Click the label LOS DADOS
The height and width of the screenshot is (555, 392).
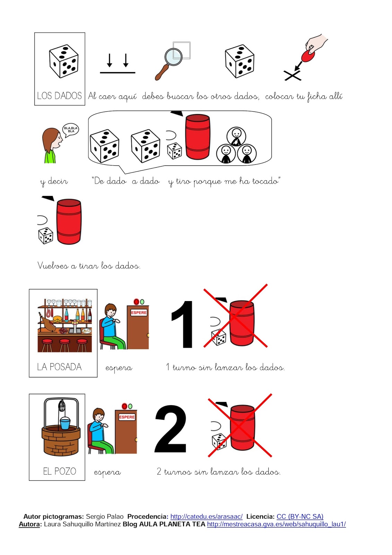(59, 96)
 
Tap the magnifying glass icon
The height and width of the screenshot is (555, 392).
(168, 64)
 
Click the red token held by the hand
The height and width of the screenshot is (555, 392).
(308, 56)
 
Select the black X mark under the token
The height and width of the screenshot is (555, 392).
(293, 75)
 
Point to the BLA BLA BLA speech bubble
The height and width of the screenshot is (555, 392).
(71, 130)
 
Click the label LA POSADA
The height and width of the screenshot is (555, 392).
(59, 367)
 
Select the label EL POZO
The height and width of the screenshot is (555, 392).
(59, 471)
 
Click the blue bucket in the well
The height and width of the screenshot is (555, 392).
(65, 423)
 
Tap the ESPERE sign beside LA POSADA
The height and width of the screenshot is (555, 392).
(139, 313)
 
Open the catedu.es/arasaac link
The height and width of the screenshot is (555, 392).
(207, 516)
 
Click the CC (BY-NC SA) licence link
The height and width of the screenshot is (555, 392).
(300, 516)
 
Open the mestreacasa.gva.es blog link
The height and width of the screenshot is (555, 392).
(276, 524)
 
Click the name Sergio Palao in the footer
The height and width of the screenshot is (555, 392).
(105, 516)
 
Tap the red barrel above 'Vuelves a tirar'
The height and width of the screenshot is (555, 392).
(69, 222)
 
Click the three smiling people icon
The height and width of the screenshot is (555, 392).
(236, 145)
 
